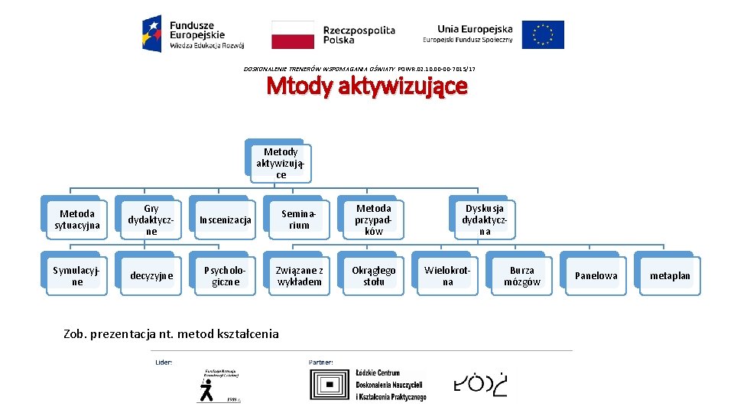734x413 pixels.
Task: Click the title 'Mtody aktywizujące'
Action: click(366, 87)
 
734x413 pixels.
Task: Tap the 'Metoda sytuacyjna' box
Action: click(76, 219)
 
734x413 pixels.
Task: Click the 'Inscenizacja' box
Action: click(225, 220)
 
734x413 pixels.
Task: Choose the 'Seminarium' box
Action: click(299, 220)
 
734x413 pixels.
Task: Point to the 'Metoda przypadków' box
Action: click(374, 219)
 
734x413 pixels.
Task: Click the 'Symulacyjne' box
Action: click(76, 275)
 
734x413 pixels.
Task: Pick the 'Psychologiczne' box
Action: click(225, 275)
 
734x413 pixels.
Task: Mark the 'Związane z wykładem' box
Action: click(299, 275)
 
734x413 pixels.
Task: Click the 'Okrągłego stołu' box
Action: click(374, 275)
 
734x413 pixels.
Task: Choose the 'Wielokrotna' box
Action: click(447, 275)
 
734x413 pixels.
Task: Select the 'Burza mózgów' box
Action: click(521, 275)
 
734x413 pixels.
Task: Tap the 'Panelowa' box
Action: click(596, 275)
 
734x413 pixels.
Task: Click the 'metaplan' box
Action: click(670, 275)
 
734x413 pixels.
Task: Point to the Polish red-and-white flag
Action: click(293, 34)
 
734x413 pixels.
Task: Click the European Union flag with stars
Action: click(543, 34)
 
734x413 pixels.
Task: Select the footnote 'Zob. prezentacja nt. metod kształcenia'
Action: click(173, 333)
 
